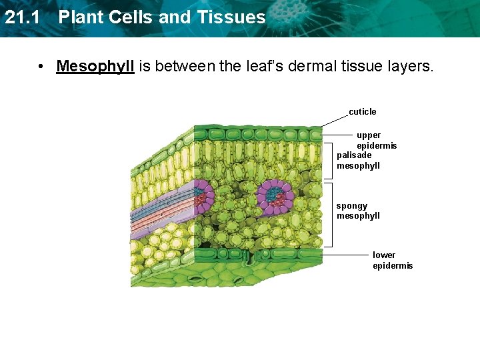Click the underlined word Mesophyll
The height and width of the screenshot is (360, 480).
pos(95,67)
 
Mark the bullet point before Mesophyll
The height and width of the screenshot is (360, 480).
pos(41,67)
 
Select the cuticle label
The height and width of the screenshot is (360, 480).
pos(363,111)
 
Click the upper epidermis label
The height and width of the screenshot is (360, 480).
pos(376,140)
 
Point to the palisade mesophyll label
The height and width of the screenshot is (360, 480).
pos(358,161)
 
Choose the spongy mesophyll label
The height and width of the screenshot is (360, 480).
pos(358,211)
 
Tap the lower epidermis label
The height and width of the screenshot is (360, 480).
pos(393,260)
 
